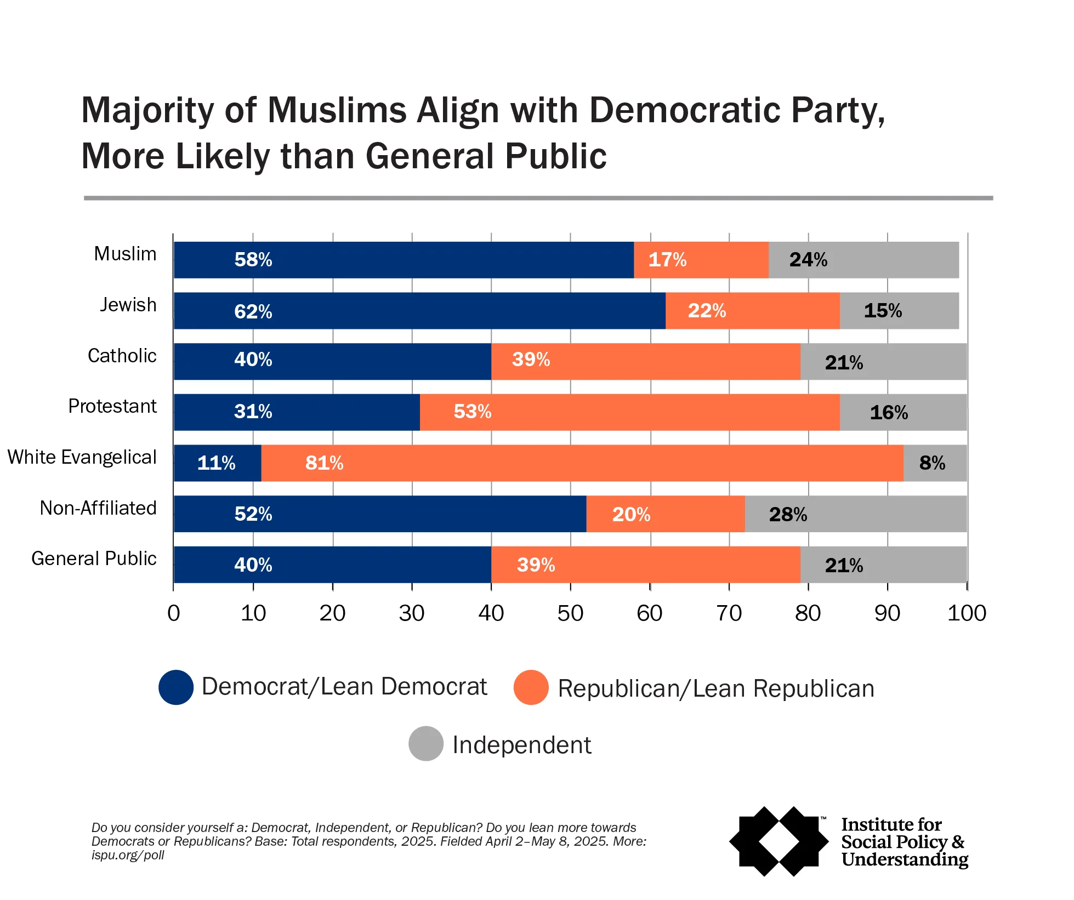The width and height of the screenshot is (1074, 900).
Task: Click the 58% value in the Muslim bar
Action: coord(253,259)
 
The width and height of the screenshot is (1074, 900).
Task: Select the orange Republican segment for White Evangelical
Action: coord(582,463)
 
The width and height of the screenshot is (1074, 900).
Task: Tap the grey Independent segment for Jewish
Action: coord(899,311)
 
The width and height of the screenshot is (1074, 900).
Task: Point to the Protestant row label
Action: coord(112,406)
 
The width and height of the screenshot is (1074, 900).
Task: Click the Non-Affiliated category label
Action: coord(98,508)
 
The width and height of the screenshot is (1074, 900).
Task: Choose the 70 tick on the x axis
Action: coord(729,613)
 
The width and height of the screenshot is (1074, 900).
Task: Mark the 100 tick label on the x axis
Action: coord(967,613)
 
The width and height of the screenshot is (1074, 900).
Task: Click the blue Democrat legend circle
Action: coord(176,687)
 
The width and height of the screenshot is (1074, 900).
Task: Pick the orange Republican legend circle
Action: coord(531,687)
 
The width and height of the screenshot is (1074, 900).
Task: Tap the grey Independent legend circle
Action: coord(426,744)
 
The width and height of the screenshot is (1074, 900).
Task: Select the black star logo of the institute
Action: coord(778,841)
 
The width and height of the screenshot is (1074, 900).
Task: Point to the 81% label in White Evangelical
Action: coord(324,463)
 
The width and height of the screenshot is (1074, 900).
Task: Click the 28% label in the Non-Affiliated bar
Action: coord(788,514)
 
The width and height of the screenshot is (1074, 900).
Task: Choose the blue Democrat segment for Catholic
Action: coord(332,362)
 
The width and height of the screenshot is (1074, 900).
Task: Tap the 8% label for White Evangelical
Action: coord(932,463)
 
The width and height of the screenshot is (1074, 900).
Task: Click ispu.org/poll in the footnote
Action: coord(128,855)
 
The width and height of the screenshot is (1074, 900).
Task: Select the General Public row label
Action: coord(94,559)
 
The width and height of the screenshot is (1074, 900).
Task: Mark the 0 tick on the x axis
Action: coord(174,613)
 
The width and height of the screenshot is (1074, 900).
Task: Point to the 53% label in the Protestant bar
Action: coord(472,412)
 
